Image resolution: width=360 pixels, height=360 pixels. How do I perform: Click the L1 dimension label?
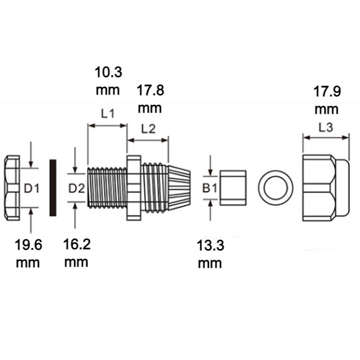pyautogui.click(x=108, y=114)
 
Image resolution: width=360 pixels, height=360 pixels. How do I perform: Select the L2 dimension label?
pyautogui.click(x=148, y=129)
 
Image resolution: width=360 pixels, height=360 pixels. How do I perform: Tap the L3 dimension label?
pyautogui.click(x=326, y=127)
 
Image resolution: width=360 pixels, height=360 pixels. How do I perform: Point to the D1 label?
pyautogui.click(x=32, y=188)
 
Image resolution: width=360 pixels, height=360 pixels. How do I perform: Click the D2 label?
pyautogui.click(x=76, y=188)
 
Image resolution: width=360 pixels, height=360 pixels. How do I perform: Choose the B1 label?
pyautogui.click(x=209, y=188)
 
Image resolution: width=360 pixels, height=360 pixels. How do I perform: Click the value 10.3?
pyautogui.click(x=109, y=72)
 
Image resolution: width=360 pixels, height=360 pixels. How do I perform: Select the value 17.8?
pyautogui.click(x=150, y=90)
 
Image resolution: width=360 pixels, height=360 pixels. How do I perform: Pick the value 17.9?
pyautogui.click(x=327, y=92)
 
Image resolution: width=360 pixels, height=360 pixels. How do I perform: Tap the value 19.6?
pyautogui.click(x=29, y=244)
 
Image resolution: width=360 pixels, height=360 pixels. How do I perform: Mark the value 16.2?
pyautogui.click(x=77, y=244)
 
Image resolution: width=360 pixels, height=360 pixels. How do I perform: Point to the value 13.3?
pyautogui.click(x=210, y=245)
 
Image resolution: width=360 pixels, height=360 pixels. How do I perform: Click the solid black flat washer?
pyautogui.click(x=53, y=188)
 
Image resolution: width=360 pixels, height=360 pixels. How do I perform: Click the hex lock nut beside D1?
pyautogui.click(x=12, y=188)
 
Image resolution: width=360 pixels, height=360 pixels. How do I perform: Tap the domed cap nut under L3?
pyautogui.click(x=326, y=188)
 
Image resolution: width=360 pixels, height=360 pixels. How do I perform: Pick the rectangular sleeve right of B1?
pyautogui.click(x=233, y=188)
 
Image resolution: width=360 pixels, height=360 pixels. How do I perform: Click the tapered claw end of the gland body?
pyautogui.click(x=179, y=188)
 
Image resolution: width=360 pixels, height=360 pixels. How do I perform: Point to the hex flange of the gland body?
pyautogui.click(x=134, y=188)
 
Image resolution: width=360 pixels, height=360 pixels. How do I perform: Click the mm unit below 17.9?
pyautogui.click(x=327, y=110)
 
